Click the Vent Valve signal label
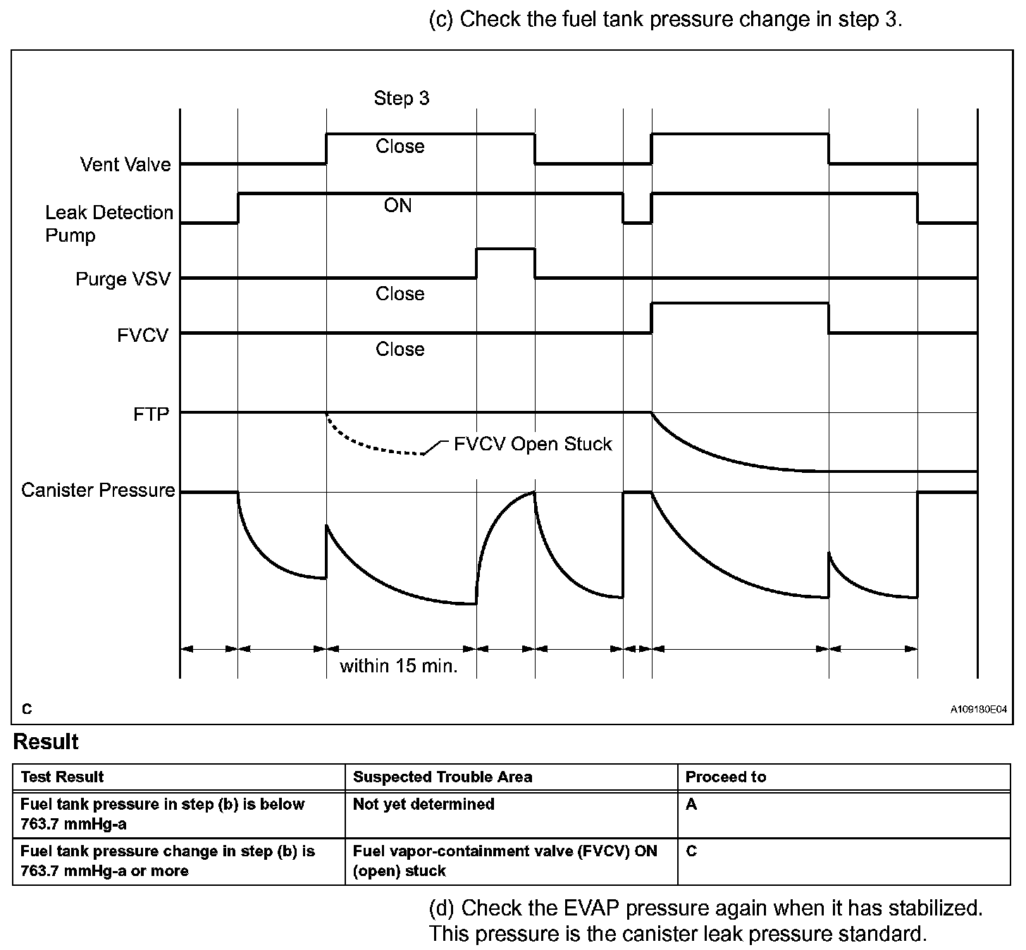125,164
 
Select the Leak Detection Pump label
109,223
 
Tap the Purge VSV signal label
123,279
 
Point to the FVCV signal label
143,335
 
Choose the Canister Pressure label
98,490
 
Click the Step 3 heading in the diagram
401,98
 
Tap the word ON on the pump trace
397,205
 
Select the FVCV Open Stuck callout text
533,444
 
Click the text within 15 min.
399,666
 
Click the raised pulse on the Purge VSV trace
505,249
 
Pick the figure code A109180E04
978,710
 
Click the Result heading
46,742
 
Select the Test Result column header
62,777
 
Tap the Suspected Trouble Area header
443,777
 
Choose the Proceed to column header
725,777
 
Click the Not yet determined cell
424,804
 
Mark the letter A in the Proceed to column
691,804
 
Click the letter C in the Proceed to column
691,851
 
